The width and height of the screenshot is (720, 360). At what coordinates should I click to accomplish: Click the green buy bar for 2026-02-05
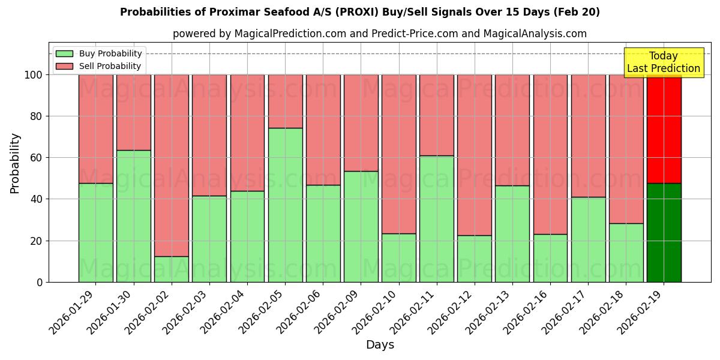click(285, 205)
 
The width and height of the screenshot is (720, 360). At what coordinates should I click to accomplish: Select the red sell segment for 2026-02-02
click(172, 165)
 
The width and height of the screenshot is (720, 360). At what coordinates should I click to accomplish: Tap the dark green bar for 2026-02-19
click(664, 232)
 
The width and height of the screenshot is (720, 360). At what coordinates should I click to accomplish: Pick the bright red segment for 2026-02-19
click(664, 128)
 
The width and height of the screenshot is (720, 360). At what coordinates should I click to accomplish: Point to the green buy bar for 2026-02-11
click(437, 218)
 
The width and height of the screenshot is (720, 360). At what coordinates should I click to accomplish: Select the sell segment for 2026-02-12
click(475, 155)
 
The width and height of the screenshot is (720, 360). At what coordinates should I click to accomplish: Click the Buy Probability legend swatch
click(64, 54)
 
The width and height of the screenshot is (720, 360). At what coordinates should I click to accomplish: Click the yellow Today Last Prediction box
click(664, 62)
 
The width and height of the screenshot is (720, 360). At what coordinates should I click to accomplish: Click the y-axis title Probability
click(15, 163)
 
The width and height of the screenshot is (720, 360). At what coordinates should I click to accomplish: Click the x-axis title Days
click(380, 345)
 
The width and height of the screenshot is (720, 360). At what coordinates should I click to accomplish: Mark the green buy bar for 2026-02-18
click(626, 252)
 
